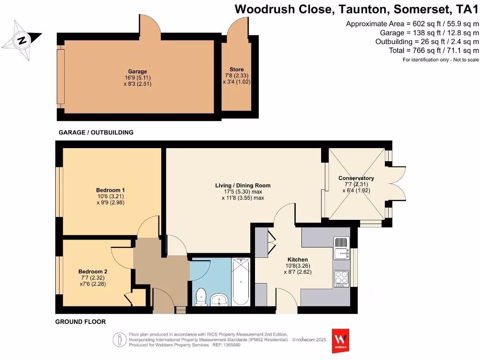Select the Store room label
237,69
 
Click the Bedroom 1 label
110,190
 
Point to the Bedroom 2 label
93,271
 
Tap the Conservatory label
356,178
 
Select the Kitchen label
298,260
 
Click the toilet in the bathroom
201,297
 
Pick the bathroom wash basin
219,299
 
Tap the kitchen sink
341,247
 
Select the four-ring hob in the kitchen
341,278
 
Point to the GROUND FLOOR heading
80,322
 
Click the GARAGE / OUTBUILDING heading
96,132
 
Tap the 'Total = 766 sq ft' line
434,50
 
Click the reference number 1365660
229,345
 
